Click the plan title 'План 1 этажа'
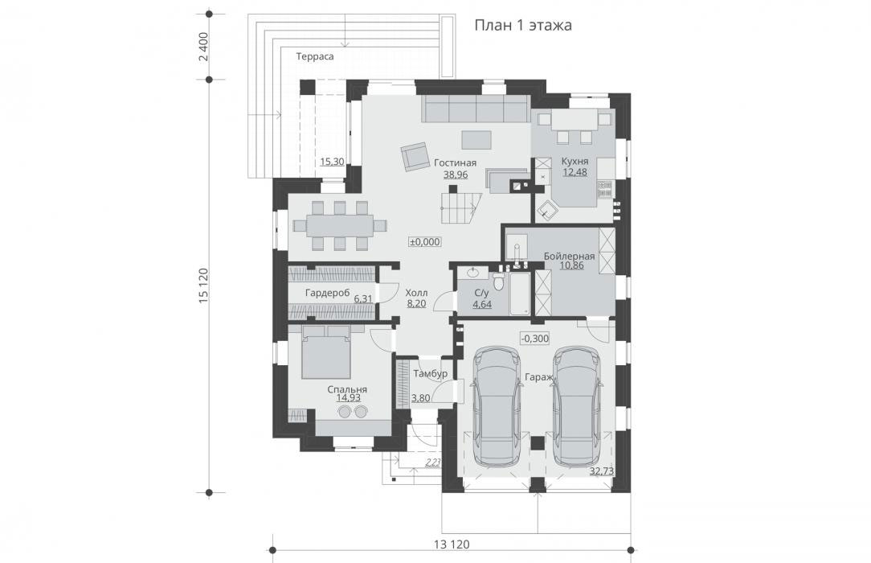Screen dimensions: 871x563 point(523,26)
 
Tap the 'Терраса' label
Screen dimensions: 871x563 point(315,56)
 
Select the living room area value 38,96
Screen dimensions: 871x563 point(456,175)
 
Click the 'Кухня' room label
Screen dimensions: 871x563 point(575,161)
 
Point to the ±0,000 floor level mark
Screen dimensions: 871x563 point(425,242)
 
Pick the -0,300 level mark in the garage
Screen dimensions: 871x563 point(535,338)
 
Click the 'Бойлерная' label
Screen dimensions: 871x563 point(570,257)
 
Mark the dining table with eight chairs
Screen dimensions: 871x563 point(340,226)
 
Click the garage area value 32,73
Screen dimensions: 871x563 point(603,471)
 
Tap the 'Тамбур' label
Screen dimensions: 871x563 point(431,374)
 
